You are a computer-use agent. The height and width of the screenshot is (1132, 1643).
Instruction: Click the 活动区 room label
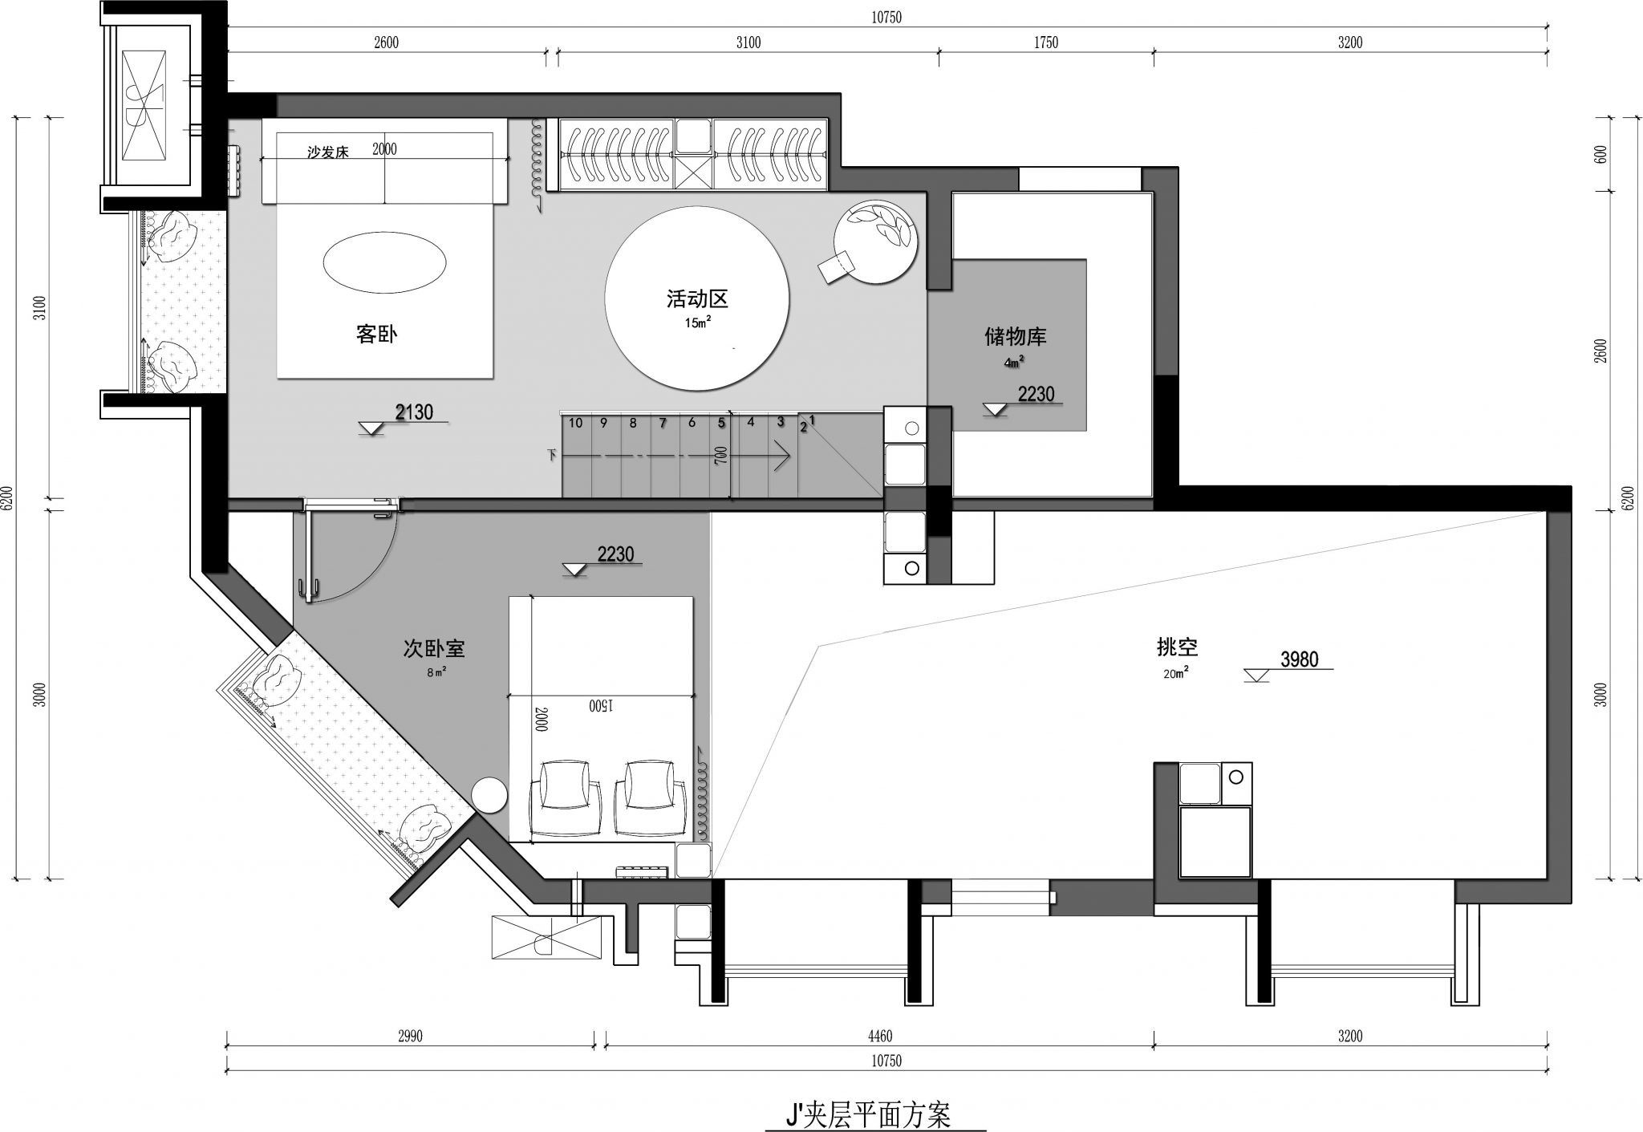coord(696,300)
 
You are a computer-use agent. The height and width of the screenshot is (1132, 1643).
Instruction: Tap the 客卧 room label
coord(376,335)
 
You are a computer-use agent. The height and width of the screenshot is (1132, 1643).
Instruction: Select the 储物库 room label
coord(1016,336)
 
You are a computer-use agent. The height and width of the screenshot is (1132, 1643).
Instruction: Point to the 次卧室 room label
coord(434,648)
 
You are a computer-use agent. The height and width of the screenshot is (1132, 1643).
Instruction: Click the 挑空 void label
coord(1178,647)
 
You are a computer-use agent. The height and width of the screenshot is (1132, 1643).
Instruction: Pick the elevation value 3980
coord(1299,659)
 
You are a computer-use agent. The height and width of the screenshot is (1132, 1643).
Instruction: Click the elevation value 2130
coord(414,412)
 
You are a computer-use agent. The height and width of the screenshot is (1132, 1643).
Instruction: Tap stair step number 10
coord(575,423)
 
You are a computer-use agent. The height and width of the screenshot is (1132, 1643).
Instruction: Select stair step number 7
coord(663,423)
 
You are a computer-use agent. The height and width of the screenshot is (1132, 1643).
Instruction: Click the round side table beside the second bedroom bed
coord(489,797)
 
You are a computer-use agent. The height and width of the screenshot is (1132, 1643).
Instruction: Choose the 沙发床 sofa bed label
coord(328,152)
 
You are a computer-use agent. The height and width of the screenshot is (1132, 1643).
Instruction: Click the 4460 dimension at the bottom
coord(879,1037)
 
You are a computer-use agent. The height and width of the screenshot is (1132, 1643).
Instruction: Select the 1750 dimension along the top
coord(1045,43)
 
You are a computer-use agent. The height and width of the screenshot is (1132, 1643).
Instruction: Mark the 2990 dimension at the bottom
coord(410,1037)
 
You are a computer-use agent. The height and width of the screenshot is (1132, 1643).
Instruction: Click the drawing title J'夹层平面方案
coord(868,1114)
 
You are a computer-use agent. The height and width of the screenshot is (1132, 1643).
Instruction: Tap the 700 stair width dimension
coord(721,456)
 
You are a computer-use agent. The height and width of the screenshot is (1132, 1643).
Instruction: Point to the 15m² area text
coord(697,323)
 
